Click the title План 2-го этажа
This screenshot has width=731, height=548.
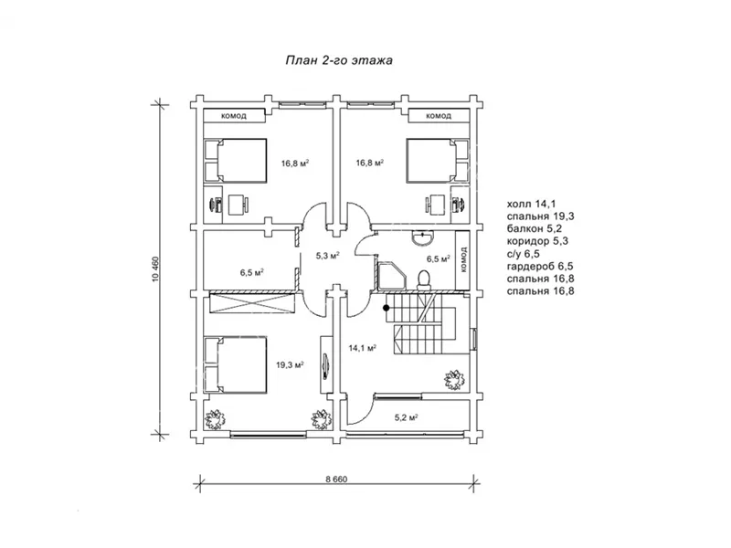(x=339, y=60)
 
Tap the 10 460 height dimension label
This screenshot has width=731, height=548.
(x=155, y=269)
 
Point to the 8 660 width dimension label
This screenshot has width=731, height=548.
(x=336, y=479)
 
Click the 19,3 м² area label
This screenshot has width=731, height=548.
(x=290, y=364)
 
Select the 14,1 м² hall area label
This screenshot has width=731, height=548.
(x=363, y=348)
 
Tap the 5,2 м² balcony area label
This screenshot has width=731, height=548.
(x=406, y=418)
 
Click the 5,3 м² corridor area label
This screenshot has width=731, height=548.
(x=327, y=256)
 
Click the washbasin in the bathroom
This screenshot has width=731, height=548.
(x=423, y=237)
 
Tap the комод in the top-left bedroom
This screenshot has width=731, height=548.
(x=235, y=116)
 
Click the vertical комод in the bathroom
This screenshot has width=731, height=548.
(x=462, y=259)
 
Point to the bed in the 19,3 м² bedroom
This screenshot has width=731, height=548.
(x=236, y=364)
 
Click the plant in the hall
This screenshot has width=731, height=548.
(x=453, y=380)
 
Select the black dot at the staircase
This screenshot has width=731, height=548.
(x=387, y=308)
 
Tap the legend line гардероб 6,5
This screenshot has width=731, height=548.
(x=540, y=267)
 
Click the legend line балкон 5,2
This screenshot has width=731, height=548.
(x=535, y=229)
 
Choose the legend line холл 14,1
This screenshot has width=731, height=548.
(x=532, y=204)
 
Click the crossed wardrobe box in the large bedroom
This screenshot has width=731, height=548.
(x=252, y=303)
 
